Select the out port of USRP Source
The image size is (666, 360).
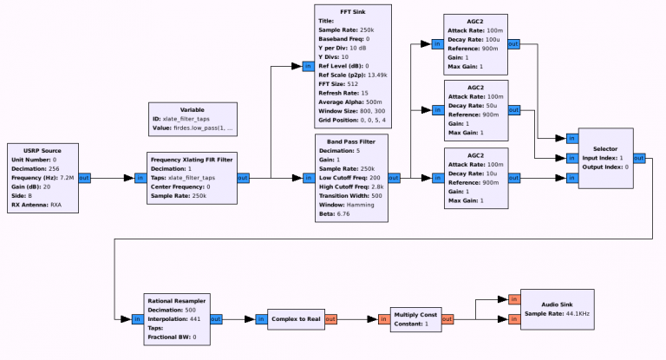click(84, 178)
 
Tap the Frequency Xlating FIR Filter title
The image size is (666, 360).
click(191, 159)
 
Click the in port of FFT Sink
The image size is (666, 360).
click(307, 65)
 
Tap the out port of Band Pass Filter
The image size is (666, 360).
click(394, 178)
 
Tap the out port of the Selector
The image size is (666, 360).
click(639, 158)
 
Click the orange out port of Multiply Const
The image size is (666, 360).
click(449, 319)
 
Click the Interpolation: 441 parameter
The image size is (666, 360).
click(168, 318)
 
